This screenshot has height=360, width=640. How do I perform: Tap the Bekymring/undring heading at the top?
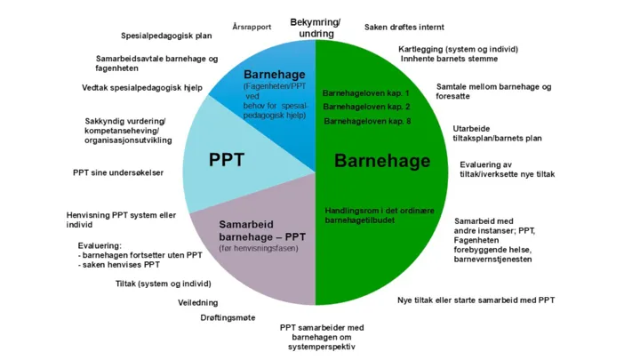[x=316, y=28]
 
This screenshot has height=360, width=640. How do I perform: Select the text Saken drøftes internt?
[x=404, y=28]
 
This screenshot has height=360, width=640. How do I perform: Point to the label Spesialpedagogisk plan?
[x=166, y=36]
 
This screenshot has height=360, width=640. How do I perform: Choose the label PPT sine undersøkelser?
[x=118, y=172]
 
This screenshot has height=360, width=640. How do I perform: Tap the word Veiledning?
[x=199, y=303]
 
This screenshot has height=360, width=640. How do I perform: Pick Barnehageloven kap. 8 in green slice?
[x=366, y=121]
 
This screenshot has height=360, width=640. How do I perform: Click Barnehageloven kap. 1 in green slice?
[x=365, y=92]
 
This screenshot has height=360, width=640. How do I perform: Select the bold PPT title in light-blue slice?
[x=227, y=160]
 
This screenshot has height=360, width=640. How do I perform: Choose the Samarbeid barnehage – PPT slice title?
[x=263, y=231]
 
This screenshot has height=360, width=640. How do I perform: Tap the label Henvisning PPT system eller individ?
[x=121, y=220]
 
